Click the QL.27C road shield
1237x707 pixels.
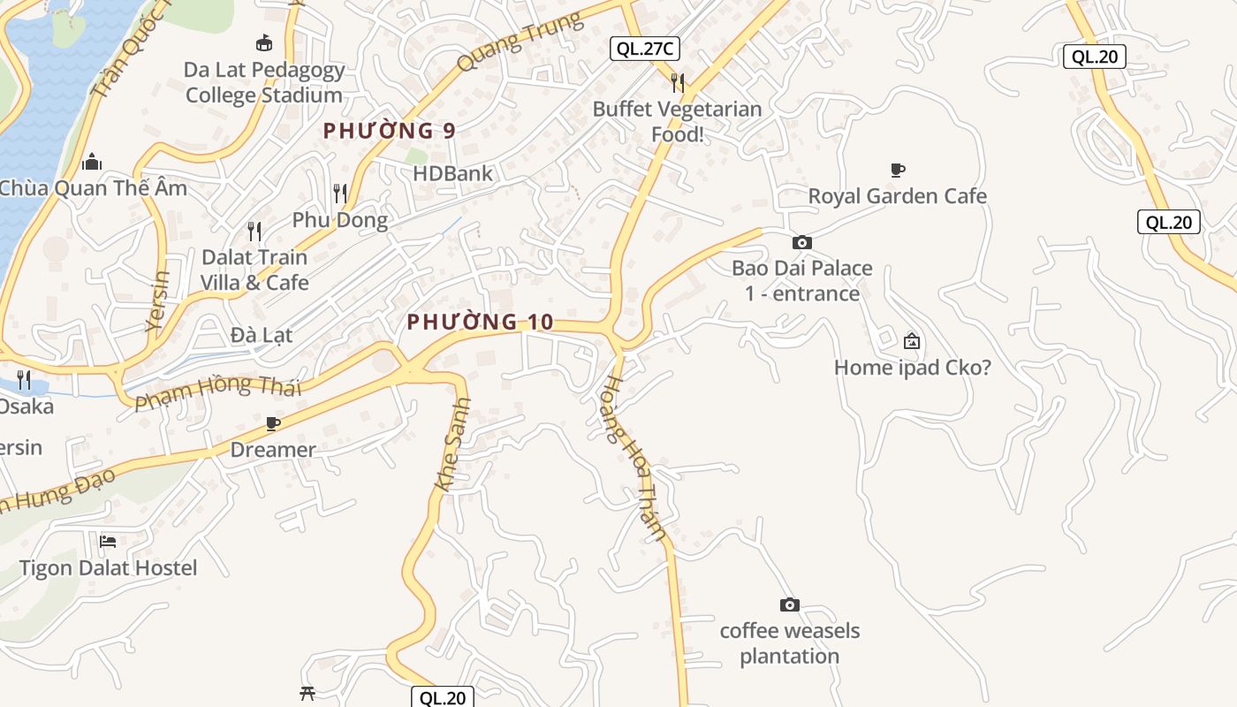click(x=645, y=49)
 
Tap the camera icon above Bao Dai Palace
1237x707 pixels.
click(x=802, y=242)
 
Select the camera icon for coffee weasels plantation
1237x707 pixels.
click(x=790, y=604)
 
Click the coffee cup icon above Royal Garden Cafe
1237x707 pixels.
click(x=898, y=170)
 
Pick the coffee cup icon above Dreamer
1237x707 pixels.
click(x=273, y=424)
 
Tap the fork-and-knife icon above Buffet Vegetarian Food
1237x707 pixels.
click(x=678, y=83)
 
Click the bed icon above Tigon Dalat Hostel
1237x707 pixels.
click(x=108, y=541)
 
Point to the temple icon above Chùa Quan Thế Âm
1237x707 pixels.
click(x=92, y=162)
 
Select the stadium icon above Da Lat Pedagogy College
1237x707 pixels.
click(x=263, y=42)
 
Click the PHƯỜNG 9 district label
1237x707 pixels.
click(x=389, y=131)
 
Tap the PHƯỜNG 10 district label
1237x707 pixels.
click(x=480, y=323)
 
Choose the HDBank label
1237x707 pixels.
click(x=452, y=173)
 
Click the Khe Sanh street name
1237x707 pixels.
click(x=453, y=445)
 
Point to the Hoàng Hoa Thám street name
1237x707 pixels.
click(x=634, y=458)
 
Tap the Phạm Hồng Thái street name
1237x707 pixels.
click(x=218, y=392)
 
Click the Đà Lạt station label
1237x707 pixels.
click(x=261, y=336)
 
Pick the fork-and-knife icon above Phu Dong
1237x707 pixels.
click(x=340, y=194)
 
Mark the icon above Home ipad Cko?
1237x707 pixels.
click(x=912, y=341)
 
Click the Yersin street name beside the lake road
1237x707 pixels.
click(x=158, y=300)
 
